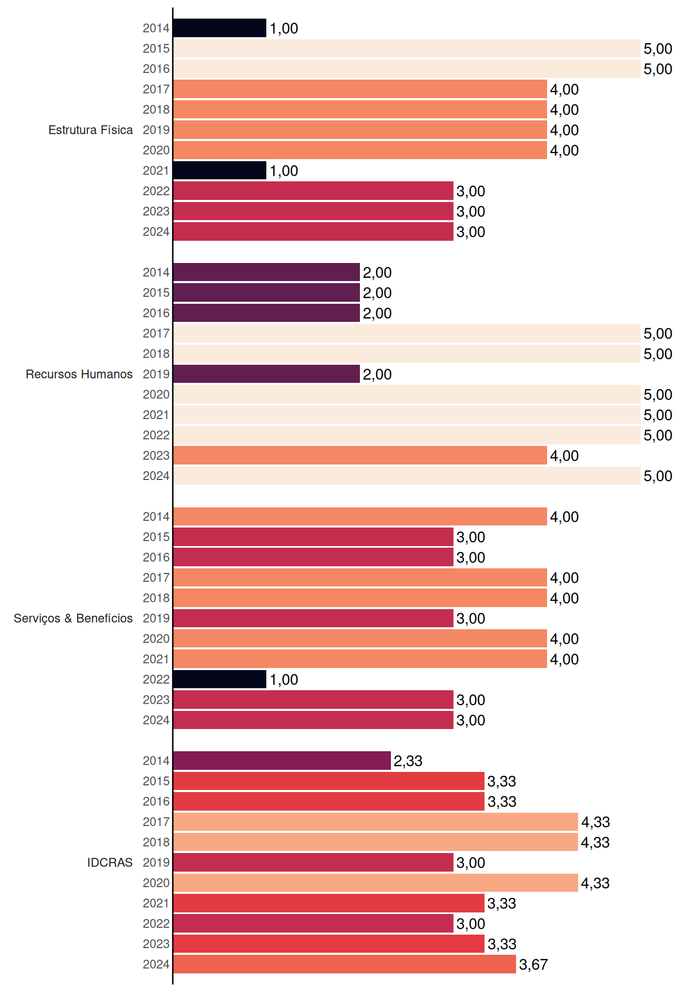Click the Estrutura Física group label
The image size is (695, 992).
click(x=90, y=130)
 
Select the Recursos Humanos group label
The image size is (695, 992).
click(x=79, y=374)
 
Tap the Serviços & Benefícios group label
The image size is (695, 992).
click(x=73, y=618)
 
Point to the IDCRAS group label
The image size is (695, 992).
click(x=110, y=862)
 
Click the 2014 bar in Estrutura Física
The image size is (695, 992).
click(x=220, y=28)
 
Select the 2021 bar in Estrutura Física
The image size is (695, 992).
click(x=220, y=171)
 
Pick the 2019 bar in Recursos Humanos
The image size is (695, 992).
click(x=266, y=374)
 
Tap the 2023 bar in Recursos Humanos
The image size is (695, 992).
click(x=360, y=456)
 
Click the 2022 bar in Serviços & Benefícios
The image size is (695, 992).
click(x=220, y=679)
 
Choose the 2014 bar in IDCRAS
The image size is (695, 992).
click(x=282, y=761)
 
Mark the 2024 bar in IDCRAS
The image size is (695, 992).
click(x=344, y=964)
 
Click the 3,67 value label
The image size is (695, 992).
click(x=533, y=965)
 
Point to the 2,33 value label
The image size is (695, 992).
click(x=408, y=761)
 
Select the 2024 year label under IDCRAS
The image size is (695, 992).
click(x=156, y=965)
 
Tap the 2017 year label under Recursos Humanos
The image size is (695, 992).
click(x=156, y=334)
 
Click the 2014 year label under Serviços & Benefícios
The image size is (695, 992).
click(x=156, y=517)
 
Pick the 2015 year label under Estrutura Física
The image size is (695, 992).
click(x=156, y=49)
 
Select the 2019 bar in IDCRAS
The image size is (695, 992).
click(x=313, y=862)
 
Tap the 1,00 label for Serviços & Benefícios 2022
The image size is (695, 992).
click(x=284, y=680)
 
